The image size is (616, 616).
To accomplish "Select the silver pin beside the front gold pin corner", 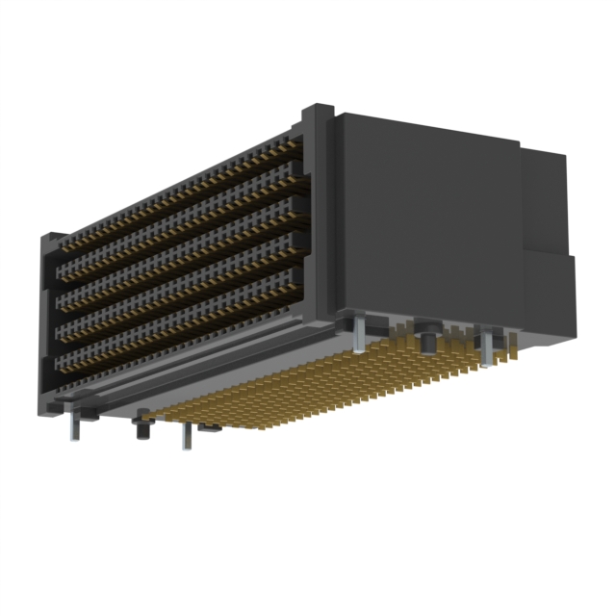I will tap(185, 435).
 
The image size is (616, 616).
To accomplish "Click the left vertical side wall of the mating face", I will tap(47, 327).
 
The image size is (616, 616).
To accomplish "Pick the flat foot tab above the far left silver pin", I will tap(83, 414).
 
